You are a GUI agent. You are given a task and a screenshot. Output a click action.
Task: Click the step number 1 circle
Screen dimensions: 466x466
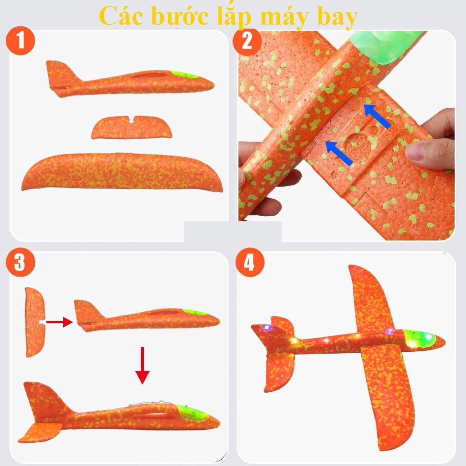(20, 41)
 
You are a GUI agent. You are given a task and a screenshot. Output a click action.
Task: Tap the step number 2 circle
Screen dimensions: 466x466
(247, 41)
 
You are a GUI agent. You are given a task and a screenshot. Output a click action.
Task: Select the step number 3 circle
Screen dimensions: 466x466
(20, 262)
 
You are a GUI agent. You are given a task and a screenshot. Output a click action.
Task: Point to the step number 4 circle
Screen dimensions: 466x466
(250, 263)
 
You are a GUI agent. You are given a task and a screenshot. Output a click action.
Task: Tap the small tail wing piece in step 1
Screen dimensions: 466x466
(132, 127)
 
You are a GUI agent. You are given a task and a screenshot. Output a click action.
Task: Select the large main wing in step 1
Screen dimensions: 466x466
(122, 172)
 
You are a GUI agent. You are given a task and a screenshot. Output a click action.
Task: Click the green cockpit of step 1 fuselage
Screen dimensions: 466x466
(185, 75)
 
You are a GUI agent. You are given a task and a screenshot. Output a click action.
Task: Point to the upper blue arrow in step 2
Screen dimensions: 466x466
(376, 116)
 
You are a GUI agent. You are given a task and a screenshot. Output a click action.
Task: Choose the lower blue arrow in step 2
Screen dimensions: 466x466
(339, 153)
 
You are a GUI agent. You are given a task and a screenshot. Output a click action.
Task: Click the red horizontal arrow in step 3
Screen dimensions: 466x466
(59, 322)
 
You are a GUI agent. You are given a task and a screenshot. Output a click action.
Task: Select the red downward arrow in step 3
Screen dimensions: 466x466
(142, 365)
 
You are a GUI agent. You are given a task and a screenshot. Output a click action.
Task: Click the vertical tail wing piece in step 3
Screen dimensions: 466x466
(35, 322)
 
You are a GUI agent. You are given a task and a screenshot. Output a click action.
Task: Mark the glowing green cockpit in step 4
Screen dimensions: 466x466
(420, 339)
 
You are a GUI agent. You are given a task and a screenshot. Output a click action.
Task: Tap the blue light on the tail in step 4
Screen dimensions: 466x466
(267, 327)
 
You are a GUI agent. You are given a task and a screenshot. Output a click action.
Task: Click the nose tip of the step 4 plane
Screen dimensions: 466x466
(445, 339)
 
